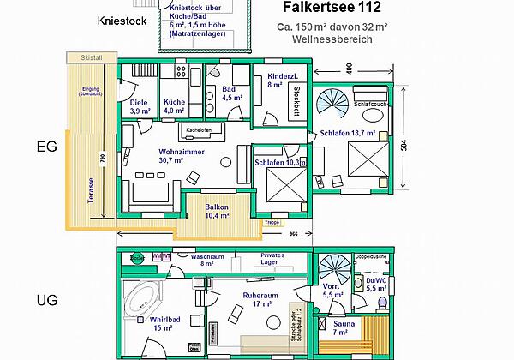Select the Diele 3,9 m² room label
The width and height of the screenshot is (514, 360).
pos(140,106)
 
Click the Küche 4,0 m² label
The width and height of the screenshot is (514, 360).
pos(175,106)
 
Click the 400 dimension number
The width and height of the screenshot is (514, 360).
pos(349,68)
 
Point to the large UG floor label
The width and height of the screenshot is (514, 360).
pos(46,302)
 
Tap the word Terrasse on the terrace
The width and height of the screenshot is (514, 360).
pos(90,184)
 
